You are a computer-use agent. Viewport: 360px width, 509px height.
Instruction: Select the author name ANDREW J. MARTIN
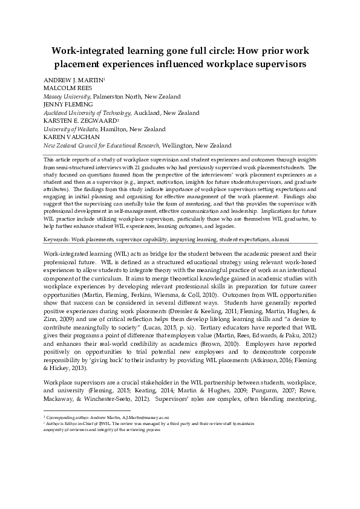(x=73, y=80)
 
